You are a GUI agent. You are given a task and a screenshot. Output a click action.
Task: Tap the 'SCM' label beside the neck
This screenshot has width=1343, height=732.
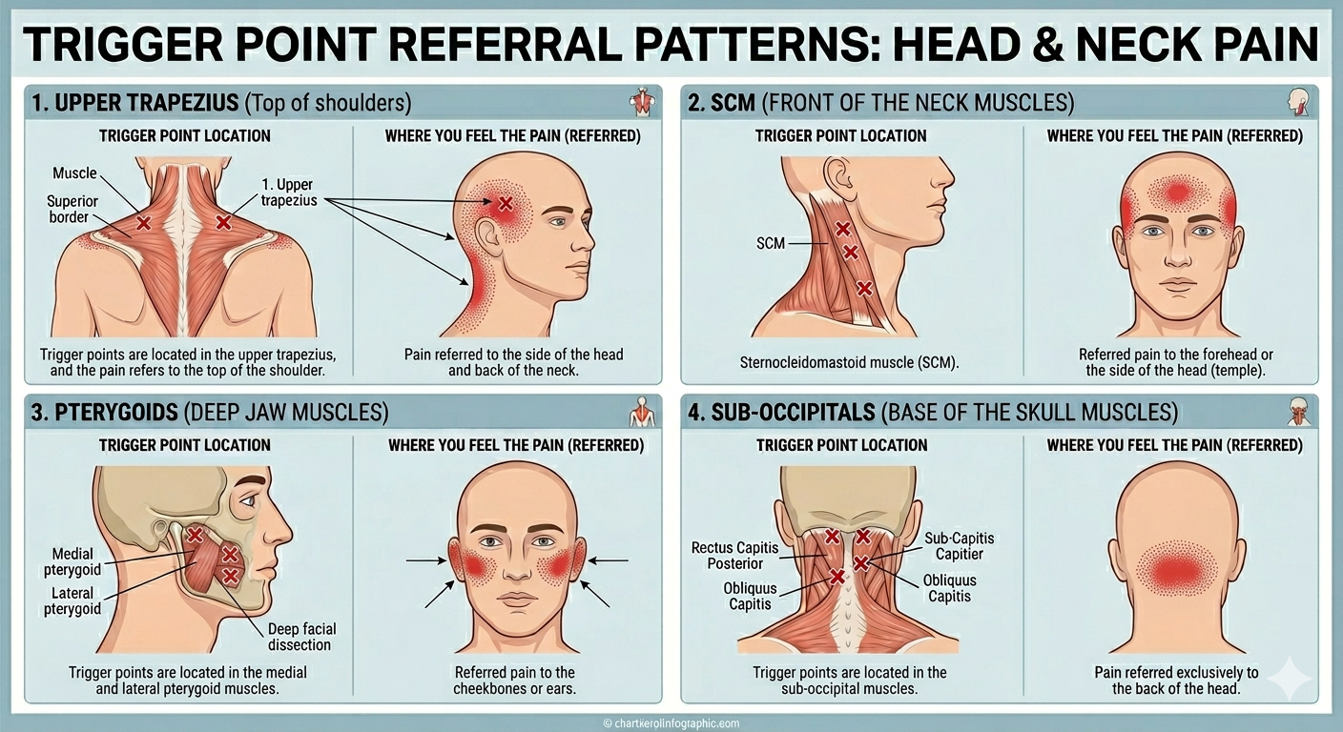click(x=771, y=243)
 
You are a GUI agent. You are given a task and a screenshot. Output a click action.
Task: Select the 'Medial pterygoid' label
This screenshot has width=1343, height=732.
click(x=73, y=561)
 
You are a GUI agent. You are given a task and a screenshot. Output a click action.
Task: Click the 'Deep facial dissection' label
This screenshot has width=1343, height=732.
click(x=300, y=637)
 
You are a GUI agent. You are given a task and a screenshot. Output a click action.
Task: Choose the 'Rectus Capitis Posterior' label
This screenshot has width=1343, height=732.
click(x=734, y=556)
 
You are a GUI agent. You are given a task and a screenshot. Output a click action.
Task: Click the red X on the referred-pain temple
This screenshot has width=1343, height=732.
click(x=506, y=203)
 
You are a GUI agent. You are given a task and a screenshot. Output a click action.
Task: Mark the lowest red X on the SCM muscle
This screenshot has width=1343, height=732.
click(x=864, y=288)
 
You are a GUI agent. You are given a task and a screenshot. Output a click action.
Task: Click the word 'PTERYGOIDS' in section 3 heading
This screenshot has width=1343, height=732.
click(x=115, y=413)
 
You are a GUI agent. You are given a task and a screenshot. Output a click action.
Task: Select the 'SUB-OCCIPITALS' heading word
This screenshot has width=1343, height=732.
click(x=793, y=413)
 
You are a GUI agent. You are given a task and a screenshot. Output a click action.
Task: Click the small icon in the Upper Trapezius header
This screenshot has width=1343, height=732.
click(x=643, y=102)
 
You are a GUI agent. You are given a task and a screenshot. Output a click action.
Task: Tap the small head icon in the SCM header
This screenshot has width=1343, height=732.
click(x=1298, y=102)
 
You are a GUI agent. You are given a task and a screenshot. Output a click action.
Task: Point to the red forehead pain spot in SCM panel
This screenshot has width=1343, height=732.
click(x=1178, y=193)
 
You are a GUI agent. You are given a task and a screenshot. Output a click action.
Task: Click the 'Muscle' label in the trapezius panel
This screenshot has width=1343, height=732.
click(x=74, y=173)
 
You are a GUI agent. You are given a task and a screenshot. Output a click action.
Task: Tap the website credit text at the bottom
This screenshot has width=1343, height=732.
click(x=671, y=723)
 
